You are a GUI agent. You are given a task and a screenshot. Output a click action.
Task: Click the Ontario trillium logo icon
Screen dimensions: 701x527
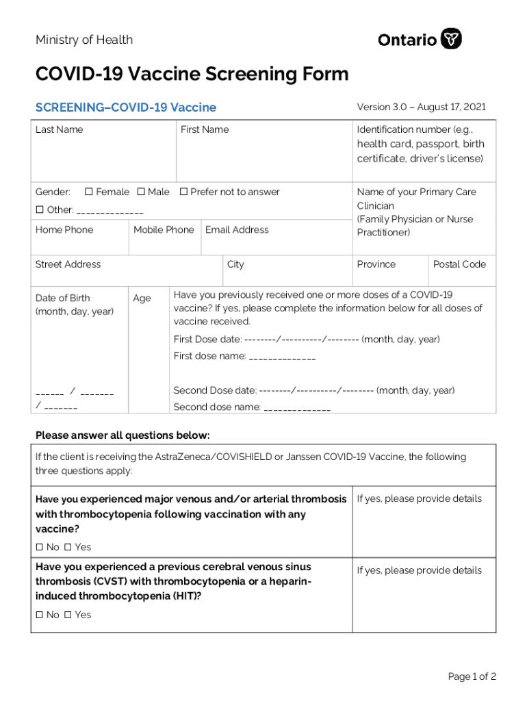pos(451,39)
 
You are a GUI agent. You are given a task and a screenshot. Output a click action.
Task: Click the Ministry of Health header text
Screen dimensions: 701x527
pos(84,40)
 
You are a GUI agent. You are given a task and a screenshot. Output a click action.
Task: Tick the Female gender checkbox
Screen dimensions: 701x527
pos(89,192)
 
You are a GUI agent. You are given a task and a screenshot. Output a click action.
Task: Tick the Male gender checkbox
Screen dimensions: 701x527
pos(141,192)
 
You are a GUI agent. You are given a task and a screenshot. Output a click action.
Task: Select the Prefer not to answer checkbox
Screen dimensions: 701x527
pos(183,192)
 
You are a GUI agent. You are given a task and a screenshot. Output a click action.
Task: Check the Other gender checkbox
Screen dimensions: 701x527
pos(40,209)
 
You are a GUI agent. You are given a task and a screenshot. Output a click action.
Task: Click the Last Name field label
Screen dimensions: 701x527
pos(59,129)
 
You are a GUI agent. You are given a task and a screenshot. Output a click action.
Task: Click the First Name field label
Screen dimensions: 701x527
pos(205,129)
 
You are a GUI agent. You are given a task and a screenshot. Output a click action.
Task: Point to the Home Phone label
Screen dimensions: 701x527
pos(64,230)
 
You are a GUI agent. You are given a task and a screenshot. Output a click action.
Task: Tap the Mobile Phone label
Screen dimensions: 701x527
pos(164,230)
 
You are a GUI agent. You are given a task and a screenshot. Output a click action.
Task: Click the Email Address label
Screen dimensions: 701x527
pos(237,230)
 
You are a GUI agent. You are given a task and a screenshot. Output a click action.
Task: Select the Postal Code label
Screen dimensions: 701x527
pos(459,264)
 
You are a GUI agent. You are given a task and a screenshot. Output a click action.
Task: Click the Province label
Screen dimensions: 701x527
pos(376,264)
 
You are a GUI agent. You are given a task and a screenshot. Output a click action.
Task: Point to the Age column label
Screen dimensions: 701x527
pos(142,298)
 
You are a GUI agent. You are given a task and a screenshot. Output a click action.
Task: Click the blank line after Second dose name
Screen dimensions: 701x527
pos(297,409)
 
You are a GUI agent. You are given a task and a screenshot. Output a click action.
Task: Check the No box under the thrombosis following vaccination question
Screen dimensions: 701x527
pos(40,547)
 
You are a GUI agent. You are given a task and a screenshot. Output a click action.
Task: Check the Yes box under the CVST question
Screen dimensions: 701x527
pos(68,615)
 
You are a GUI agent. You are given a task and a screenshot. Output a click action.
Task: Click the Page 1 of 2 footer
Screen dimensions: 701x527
pos(472,676)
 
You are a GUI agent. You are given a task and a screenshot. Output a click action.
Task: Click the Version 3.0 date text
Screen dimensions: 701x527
pos(421,107)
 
